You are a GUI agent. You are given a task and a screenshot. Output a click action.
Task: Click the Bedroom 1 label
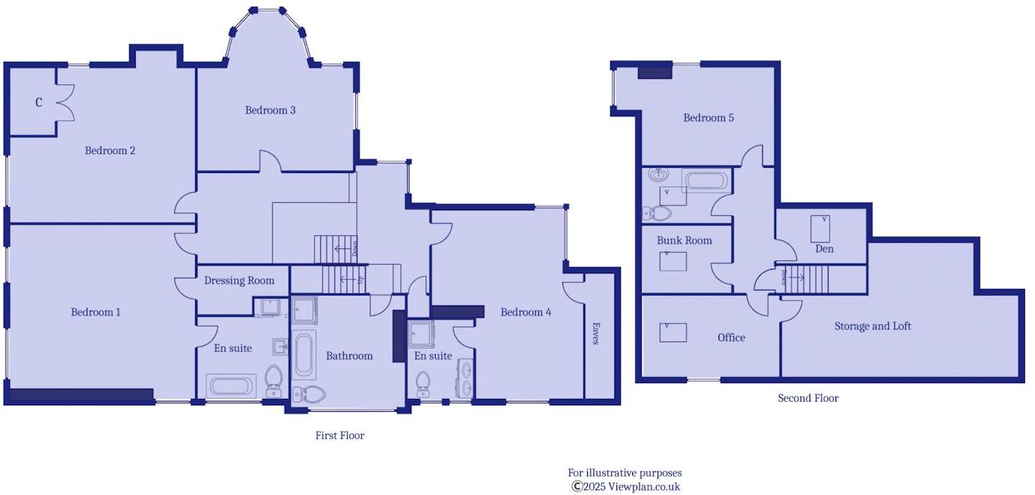click(x=95, y=312)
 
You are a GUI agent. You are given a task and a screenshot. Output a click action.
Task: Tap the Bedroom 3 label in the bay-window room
click(x=270, y=110)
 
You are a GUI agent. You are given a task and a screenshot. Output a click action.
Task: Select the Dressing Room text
click(x=239, y=280)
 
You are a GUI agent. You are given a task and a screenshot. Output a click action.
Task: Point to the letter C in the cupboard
click(x=39, y=103)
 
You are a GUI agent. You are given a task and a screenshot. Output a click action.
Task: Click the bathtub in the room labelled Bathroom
click(x=304, y=354)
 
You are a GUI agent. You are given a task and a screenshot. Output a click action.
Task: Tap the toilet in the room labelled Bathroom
click(x=310, y=393)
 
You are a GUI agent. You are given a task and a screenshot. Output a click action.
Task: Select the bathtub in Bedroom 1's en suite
click(x=231, y=385)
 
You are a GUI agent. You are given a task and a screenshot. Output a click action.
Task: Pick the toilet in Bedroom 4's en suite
click(x=423, y=382)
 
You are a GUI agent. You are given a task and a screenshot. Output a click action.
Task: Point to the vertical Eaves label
click(x=595, y=334)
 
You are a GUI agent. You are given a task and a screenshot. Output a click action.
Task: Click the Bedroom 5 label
click(x=708, y=118)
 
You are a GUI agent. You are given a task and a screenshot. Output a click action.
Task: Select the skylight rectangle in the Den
click(x=820, y=229)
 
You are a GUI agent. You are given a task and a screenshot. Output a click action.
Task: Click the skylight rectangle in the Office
click(x=673, y=332)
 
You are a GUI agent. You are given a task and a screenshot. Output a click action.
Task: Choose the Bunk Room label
click(x=684, y=240)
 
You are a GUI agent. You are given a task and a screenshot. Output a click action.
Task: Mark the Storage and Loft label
click(x=872, y=326)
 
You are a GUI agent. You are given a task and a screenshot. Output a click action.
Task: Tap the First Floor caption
click(x=339, y=435)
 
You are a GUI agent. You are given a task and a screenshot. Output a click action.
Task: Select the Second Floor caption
click(x=808, y=398)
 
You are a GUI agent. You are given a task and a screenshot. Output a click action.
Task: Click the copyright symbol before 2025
click(x=576, y=486)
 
